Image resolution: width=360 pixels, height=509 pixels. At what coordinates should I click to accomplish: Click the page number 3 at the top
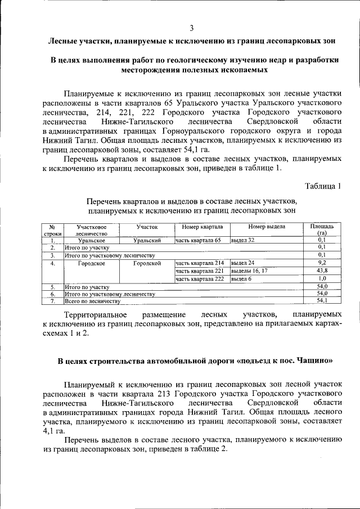point(191,28)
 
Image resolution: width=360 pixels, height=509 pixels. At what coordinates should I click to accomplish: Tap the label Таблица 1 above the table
point(323,186)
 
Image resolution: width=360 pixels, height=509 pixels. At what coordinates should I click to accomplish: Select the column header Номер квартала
point(199,227)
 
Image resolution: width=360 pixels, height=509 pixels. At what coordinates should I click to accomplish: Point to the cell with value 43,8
point(322,271)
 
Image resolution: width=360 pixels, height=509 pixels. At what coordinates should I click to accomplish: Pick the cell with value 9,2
point(322,263)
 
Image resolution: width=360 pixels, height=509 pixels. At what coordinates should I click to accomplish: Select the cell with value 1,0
point(322,278)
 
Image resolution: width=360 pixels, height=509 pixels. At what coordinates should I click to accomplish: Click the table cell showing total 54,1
point(322,301)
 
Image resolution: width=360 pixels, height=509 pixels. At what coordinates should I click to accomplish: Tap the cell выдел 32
point(243,240)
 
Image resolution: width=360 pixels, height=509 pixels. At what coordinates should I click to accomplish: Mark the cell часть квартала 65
point(199,240)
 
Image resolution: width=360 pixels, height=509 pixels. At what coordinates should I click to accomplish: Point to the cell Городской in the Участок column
point(147,263)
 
